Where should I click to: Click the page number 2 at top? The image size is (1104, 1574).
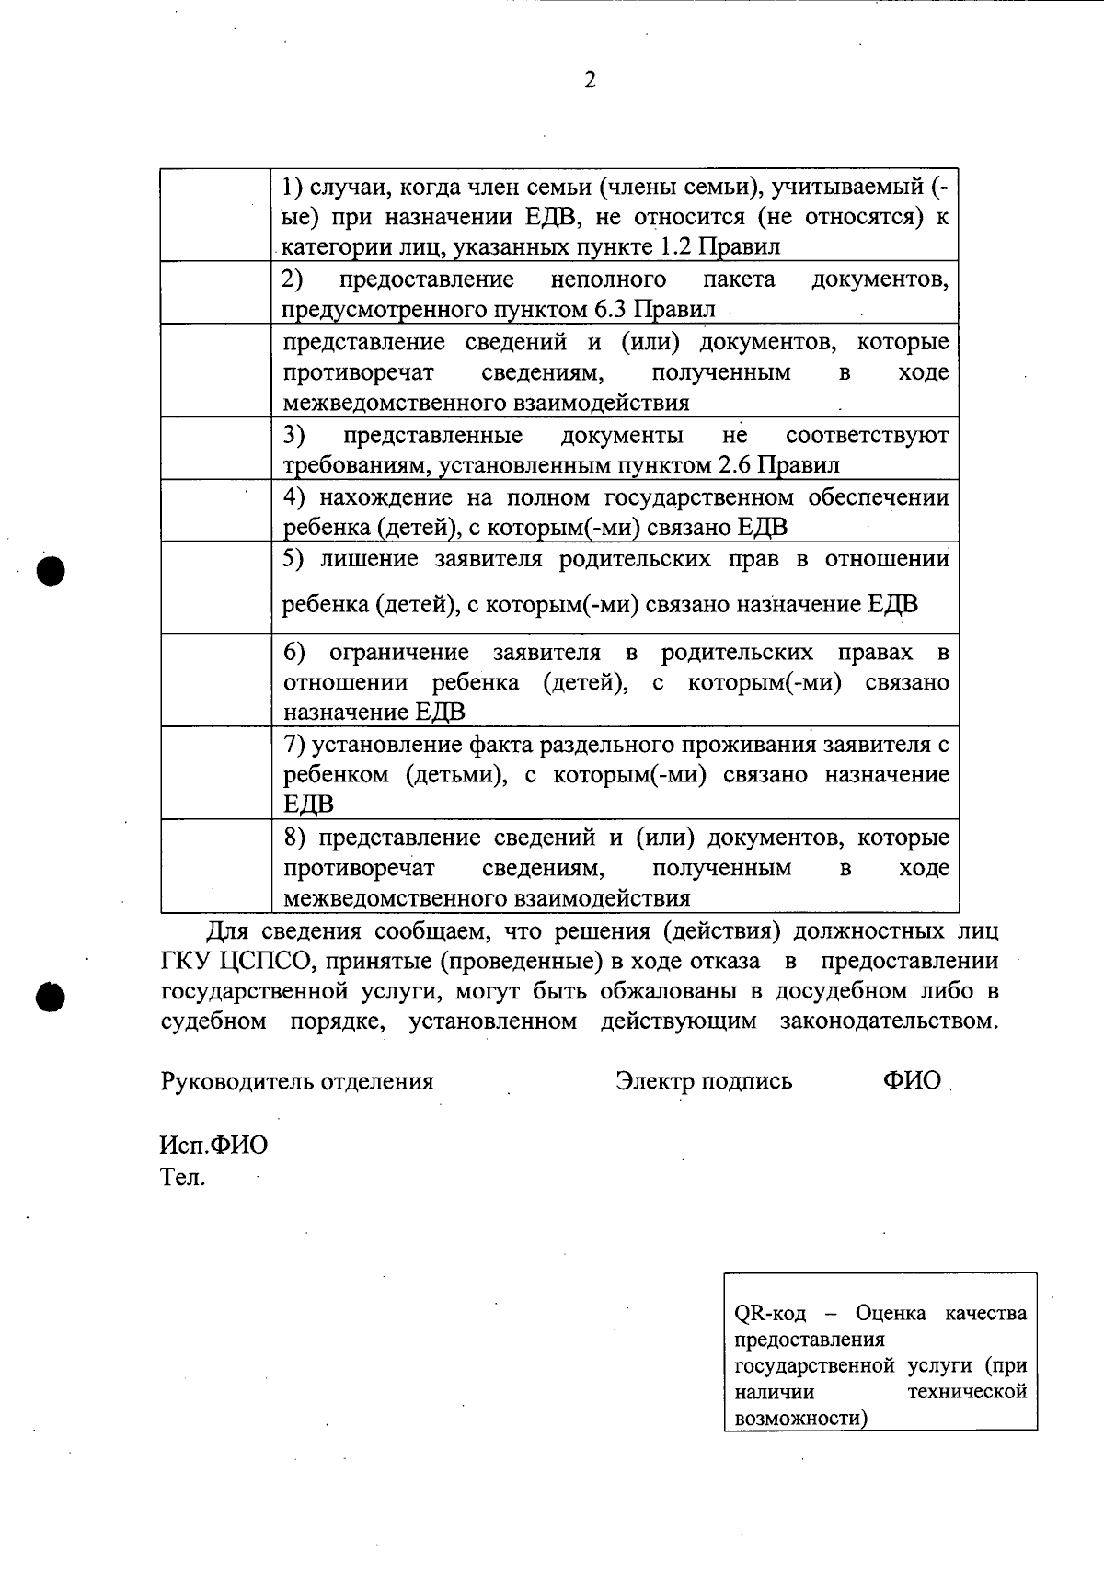[x=590, y=81]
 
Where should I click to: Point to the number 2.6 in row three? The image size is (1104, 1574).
[x=735, y=465]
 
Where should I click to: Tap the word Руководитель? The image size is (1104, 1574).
[x=236, y=1081]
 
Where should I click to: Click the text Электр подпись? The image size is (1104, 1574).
[x=704, y=1081]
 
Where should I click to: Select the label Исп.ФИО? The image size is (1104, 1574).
[x=213, y=1146]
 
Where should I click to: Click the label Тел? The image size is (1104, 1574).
[x=182, y=1177]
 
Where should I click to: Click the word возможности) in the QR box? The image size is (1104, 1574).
[x=800, y=1419]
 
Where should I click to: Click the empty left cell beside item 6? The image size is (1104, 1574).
[x=215, y=681]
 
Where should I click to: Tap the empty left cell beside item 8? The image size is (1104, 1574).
[x=215, y=866]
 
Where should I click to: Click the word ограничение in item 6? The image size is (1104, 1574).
[x=398, y=653]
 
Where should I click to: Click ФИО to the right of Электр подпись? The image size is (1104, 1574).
[x=912, y=1081]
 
